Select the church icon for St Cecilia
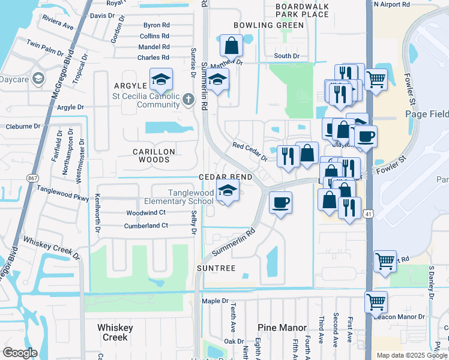tap(188, 99)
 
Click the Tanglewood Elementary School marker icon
tap(227, 192)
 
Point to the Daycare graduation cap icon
tap(38, 79)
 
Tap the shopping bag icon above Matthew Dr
tap(231, 45)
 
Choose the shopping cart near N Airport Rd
tap(375, 79)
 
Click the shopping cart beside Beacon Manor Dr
tap(376, 301)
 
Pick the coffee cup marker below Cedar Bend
tap(280, 202)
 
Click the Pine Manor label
tap(282, 328)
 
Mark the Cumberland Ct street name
tap(146, 226)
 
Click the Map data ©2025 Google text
tap(411, 355)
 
